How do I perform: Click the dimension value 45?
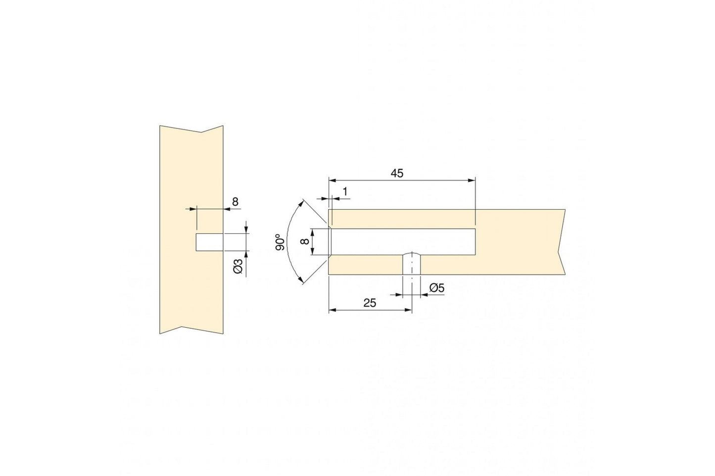(397, 173)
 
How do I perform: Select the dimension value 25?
(370, 303)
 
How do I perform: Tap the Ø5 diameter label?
(437, 288)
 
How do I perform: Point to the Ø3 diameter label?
(238, 266)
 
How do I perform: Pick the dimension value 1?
(345, 191)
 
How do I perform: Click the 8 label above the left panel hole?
(235, 202)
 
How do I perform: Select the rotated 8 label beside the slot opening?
(305, 242)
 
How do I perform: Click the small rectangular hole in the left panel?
(209, 242)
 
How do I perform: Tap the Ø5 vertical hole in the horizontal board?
(412, 263)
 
